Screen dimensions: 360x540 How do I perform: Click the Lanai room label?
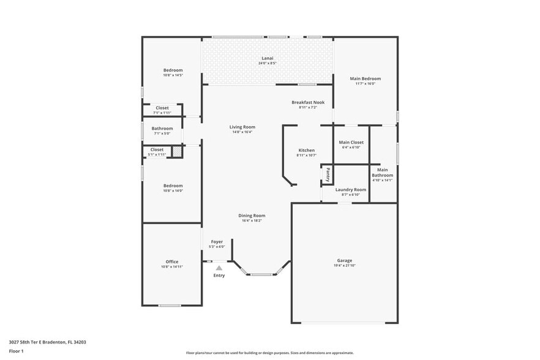pos(267,58)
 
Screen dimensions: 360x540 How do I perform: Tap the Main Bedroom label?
pos(365,78)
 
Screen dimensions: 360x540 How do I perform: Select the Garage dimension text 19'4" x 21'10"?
pos(344,266)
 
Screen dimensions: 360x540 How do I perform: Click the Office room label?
pos(171,261)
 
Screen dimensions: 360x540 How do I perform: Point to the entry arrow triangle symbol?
pos(219,268)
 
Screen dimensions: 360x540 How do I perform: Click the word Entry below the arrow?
pos(219,276)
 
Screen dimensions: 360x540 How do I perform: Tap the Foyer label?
pos(217,241)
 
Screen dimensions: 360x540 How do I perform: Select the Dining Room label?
pos(251,216)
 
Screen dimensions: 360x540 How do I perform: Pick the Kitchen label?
pos(306,150)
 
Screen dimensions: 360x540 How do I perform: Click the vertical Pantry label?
pos(328,174)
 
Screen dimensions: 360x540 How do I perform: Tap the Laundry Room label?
pos(351,190)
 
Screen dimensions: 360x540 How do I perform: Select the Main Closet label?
pos(351,142)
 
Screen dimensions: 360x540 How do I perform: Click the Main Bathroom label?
pos(383,173)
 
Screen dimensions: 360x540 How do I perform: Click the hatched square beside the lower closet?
pos(176,152)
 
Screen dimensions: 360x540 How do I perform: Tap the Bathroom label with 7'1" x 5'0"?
pos(162,128)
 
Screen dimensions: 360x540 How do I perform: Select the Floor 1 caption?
pos(17,351)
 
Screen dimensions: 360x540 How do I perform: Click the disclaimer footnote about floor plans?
pos(269,353)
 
